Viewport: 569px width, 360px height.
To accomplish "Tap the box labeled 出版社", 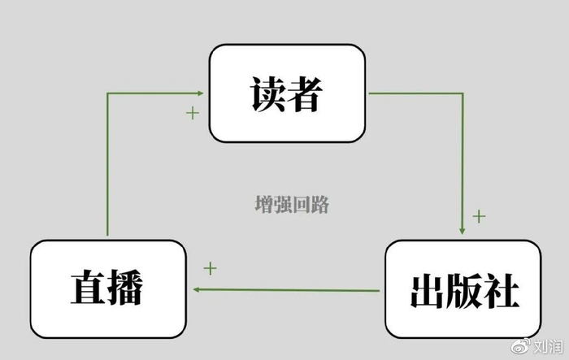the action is click(x=462, y=290).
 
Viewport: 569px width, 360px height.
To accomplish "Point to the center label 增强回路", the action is click(x=292, y=204).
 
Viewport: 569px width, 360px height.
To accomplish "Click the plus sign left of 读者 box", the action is click(x=192, y=113).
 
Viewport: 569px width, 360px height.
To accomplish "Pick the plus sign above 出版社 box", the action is click(x=479, y=216).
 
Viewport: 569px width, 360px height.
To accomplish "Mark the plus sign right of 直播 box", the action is click(x=210, y=267).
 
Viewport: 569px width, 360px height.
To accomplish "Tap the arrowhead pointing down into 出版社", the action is click(x=463, y=231).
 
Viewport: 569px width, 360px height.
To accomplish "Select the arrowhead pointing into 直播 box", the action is click(x=197, y=290).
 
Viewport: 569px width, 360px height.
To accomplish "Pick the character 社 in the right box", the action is click(x=502, y=290).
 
